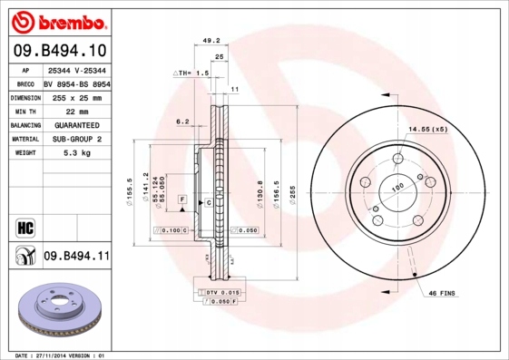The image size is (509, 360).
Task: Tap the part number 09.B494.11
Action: pyautogui.click(x=76, y=257)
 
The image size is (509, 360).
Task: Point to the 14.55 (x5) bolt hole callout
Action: pyautogui.click(x=427, y=130)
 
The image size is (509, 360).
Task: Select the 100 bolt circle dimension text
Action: pyautogui.click(x=396, y=189)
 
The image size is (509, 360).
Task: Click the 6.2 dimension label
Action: pyautogui.click(x=182, y=121)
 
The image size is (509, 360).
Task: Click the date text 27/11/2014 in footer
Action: pyautogui.click(x=64, y=355)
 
